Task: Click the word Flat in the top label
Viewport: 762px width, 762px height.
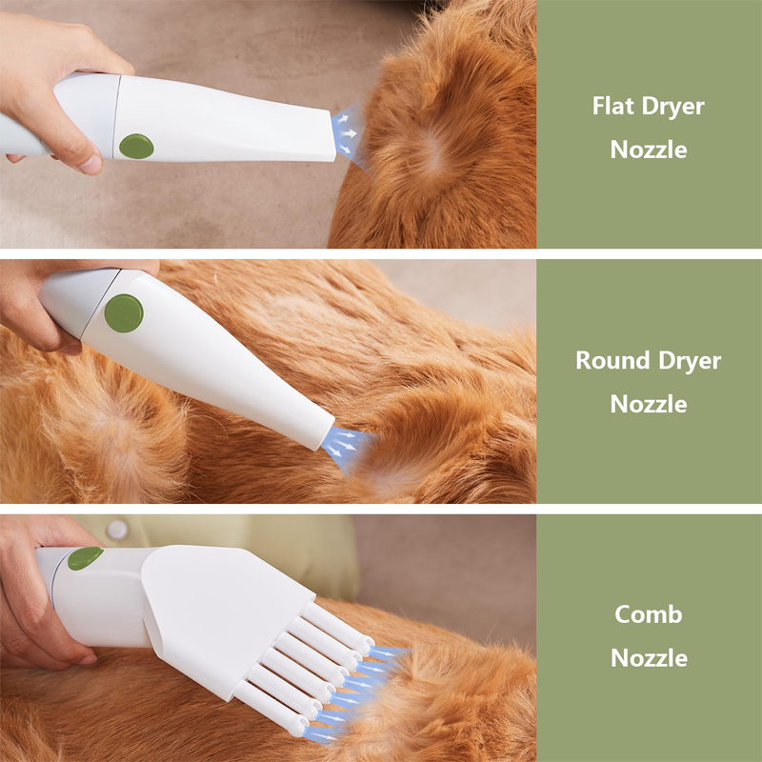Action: pyautogui.click(x=613, y=106)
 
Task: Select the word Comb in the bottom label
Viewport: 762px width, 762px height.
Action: pyautogui.click(x=649, y=614)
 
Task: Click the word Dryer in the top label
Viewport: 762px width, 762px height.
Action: pyautogui.click(x=673, y=107)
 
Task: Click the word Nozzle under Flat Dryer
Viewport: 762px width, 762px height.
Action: pyautogui.click(x=649, y=150)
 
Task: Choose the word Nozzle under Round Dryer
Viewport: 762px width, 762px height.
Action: pyautogui.click(x=649, y=404)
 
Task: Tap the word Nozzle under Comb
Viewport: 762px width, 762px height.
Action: pyautogui.click(x=649, y=658)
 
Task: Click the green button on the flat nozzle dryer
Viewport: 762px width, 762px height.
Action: pyautogui.click(x=136, y=146)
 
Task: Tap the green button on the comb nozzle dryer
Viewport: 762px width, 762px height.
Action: pyautogui.click(x=85, y=557)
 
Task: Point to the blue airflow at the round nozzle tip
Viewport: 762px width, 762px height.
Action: pyautogui.click(x=346, y=447)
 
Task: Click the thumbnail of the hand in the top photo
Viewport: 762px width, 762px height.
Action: pyautogui.click(x=90, y=165)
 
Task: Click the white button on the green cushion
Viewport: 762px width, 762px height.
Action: pyautogui.click(x=117, y=530)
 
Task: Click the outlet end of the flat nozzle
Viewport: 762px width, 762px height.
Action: pyautogui.click(x=333, y=135)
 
